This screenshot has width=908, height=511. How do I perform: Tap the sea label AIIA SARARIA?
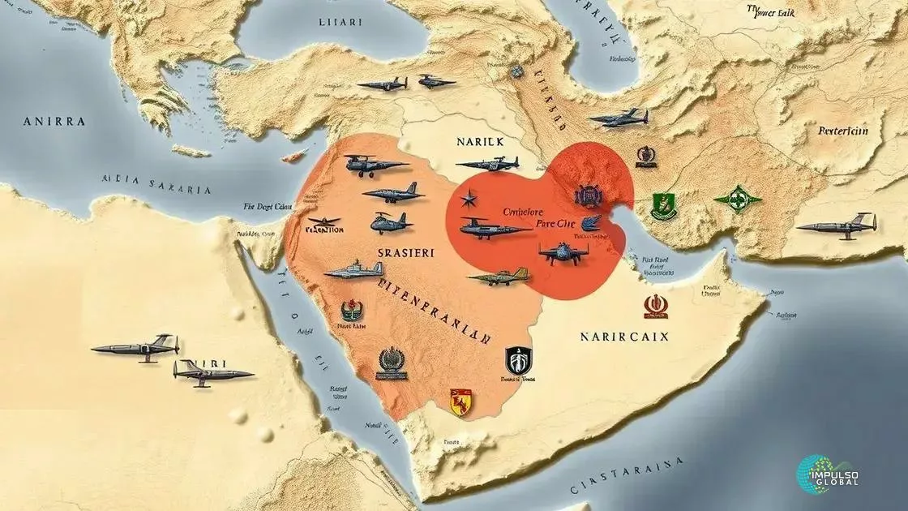tap(156, 185)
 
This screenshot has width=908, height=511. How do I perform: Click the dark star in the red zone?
tap(469, 199)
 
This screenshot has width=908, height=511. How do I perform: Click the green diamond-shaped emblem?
tap(737, 199)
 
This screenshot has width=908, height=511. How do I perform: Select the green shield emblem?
tap(664, 206)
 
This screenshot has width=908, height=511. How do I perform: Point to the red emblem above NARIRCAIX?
tap(655, 304)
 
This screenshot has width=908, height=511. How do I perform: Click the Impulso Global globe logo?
tap(816, 472)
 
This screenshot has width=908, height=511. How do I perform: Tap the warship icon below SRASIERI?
tap(353, 269)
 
